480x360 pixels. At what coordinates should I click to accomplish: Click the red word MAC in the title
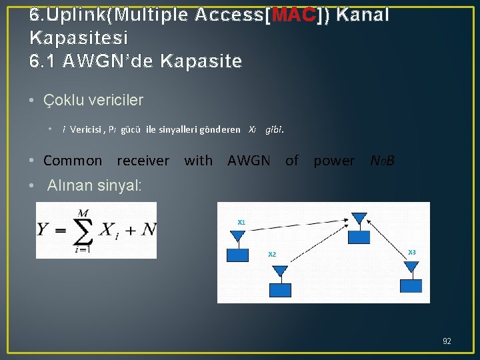point(291,15)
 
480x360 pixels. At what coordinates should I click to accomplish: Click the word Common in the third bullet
point(73,161)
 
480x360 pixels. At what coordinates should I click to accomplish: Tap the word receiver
point(143,161)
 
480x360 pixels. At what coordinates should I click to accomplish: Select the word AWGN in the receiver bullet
point(249,161)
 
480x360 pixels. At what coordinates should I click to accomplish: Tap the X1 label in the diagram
point(241,222)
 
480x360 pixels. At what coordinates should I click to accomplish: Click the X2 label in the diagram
point(272,254)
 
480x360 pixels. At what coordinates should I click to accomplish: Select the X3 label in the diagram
point(411,252)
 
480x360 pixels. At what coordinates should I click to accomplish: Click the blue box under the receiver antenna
point(360,236)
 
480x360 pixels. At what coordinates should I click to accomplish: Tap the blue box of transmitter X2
point(281,289)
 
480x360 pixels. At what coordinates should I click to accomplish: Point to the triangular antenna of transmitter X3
point(411,267)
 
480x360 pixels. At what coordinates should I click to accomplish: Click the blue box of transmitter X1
point(238,255)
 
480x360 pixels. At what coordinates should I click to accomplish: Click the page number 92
point(447,341)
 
